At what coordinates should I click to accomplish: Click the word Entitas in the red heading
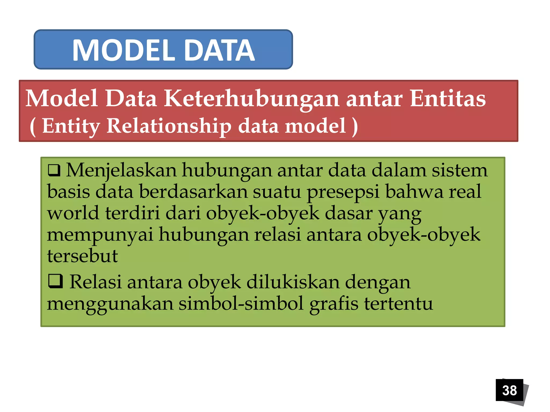click(x=448, y=98)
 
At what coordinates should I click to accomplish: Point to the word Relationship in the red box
click(x=169, y=126)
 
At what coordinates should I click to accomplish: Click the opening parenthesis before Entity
click(x=33, y=127)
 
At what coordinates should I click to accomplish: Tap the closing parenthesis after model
click(x=355, y=127)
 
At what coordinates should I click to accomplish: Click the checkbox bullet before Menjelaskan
click(x=54, y=170)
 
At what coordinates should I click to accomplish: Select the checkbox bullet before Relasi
click(x=55, y=281)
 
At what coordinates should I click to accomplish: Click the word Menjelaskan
click(x=121, y=171)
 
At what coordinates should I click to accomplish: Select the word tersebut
click(x=82, y=256)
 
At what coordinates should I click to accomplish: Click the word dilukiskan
click(x=293, y=282)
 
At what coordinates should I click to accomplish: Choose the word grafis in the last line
click(x=334, y=304)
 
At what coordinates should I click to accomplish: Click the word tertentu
click(x=398, y=304)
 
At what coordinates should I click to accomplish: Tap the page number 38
click(x=509, y=390)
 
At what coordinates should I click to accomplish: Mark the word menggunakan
click(x=110, y=304)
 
